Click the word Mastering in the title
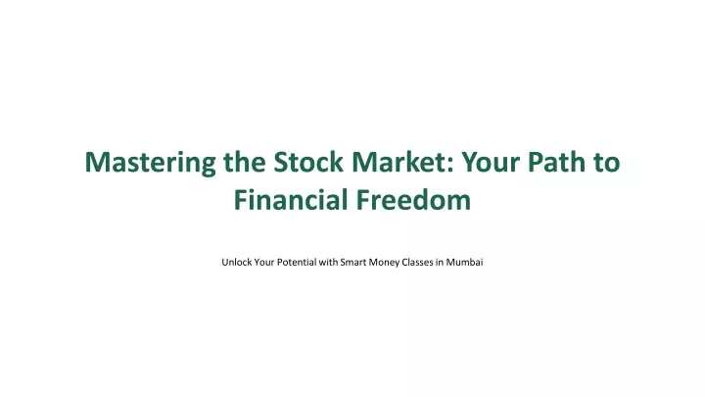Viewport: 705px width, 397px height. pos(150,163)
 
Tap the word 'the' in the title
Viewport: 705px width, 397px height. pos(245,161)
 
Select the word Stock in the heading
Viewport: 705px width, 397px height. pos(308,162)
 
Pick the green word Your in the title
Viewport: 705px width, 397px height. pos(491,162)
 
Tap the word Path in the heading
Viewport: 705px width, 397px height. pos(556,162)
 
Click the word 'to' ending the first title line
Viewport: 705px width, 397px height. pos(606,163)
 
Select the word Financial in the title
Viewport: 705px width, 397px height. pos(291,199)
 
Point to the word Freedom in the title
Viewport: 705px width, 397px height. pos(413,199)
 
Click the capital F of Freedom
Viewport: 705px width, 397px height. pos(363,199)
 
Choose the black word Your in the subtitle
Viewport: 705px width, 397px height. pos(264,262)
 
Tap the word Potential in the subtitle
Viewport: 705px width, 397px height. pos(297,262)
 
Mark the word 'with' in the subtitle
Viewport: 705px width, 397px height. pos(328,262)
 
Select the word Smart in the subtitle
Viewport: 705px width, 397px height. pos(353,262)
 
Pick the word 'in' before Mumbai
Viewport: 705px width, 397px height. pos(440,262)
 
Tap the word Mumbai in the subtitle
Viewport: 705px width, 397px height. pos(464,262)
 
